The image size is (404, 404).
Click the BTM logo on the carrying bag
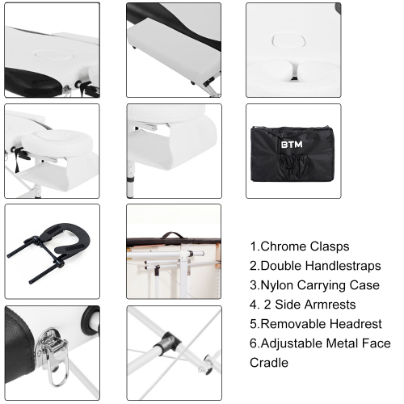click(x=292, y=145)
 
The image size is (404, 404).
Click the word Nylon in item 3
click(x=277, y=285)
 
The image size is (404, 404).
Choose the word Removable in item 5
click(x=293, y=324)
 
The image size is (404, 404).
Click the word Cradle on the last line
click(x=269, y=363)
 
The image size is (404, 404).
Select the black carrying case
click(x=292, y=154)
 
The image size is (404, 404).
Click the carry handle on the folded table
click(x=172, y=235)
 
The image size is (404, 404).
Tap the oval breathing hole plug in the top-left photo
click(x=54, y=56)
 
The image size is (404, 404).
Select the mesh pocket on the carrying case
click(x=293, y=165)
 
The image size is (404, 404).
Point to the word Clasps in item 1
click(x=330, y=247)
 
